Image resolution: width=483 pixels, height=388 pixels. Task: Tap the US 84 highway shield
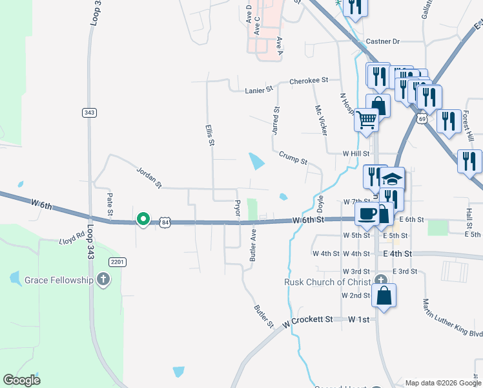[167, 222]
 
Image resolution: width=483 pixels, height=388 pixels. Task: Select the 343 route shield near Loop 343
[90, 113]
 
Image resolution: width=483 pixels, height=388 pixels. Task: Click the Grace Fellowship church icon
[103, 279]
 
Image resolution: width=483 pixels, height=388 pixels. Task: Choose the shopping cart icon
[366, 119]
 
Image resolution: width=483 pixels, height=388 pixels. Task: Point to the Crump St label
[293, 157]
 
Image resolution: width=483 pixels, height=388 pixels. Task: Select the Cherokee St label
[309, 81]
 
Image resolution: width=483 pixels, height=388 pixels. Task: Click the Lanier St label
[259, 91]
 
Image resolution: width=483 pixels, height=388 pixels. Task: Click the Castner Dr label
[383, 41]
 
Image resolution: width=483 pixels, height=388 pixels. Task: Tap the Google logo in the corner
[22, 380]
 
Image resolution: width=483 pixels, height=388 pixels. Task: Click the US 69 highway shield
[422, 119]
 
